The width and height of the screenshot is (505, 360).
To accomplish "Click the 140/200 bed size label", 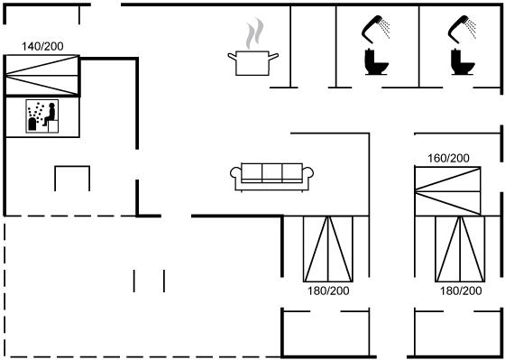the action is pos(42,46).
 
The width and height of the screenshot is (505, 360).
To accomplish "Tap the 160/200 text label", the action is pos(448,158).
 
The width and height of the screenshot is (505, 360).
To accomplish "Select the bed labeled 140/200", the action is pos(41,76).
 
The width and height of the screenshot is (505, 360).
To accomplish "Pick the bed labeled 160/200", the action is pos(447,191).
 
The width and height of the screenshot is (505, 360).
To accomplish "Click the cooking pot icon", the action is pos(252,63).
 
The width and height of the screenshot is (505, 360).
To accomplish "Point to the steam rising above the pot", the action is pos(254,33).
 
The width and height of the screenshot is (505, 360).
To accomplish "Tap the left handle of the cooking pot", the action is pos(232,57).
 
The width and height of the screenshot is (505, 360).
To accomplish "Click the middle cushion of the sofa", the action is pos(272,173).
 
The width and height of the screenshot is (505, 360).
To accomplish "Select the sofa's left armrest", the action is pos(236,173).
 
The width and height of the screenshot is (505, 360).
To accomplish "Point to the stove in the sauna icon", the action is pos(32,124).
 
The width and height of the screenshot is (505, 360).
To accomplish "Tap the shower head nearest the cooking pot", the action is pos(376,29).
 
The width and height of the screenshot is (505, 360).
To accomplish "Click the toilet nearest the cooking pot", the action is pos(376,62).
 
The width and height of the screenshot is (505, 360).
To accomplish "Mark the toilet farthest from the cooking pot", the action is pos(463,62).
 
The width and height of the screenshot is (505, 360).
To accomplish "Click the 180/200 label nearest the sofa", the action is pos(328,291).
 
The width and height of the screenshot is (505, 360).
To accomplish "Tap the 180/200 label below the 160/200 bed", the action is pos(461,291).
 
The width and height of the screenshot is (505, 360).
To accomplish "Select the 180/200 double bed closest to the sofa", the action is pos(328,249).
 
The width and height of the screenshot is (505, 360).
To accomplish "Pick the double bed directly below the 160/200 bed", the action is pos(460,249).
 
